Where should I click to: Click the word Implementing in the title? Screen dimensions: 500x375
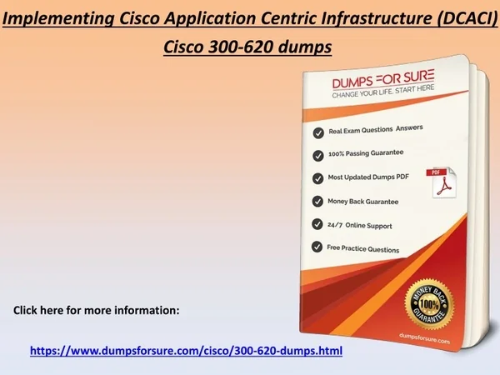[58, 19]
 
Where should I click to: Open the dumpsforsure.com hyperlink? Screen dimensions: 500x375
[186, 351]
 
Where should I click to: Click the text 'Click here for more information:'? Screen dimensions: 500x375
[97, 310]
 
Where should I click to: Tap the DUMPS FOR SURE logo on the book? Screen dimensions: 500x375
[383, 79]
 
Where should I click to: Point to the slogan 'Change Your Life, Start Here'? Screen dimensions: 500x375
[383, 92]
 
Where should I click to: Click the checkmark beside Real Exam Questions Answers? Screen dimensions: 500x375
[318, 132]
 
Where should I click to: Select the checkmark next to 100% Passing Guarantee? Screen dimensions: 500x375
[318, 156]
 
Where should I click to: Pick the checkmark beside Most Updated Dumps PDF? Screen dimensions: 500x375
[317, 178]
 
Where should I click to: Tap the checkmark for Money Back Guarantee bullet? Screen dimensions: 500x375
[317, 202]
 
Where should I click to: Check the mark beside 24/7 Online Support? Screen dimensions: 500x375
[317, 224]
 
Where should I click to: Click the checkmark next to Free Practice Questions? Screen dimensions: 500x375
[317, 247]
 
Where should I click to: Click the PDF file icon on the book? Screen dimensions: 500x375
[442, 182]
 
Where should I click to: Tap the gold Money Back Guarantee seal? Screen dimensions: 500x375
[429, 304]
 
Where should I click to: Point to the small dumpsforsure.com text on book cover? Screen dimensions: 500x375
[424, 338]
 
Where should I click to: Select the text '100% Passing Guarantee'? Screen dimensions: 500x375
[366, 153]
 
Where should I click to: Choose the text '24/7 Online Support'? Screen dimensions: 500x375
[360, 226]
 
